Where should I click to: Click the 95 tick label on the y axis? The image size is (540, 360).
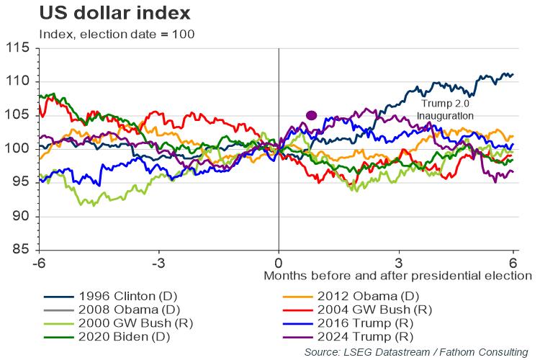tap(22, 182)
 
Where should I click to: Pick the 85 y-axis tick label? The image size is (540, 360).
tap(22, 250)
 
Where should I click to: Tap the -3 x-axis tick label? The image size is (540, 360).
tap(158, 261)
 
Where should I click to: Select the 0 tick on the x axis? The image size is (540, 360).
tap(279, 261)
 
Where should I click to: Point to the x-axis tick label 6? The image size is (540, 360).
tap(513, 261)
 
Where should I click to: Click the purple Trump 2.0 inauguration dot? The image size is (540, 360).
tap(312, 115)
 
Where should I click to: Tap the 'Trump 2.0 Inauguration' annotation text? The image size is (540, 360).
tap(447, 109)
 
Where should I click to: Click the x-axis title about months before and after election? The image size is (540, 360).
tap(397, 276)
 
